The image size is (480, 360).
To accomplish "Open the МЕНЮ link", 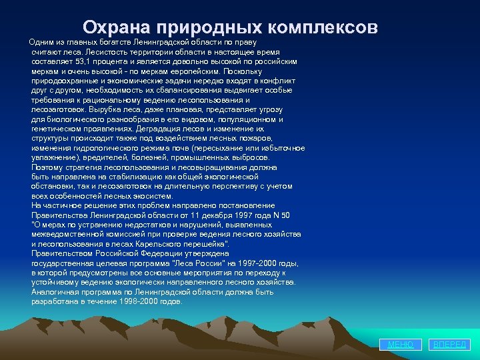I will [x=401, y=345].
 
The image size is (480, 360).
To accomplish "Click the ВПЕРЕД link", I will [x=451, y=345].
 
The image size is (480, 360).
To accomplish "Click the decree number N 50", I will [x=281, y=215].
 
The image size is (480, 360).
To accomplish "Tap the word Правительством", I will [x=64, y=253].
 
